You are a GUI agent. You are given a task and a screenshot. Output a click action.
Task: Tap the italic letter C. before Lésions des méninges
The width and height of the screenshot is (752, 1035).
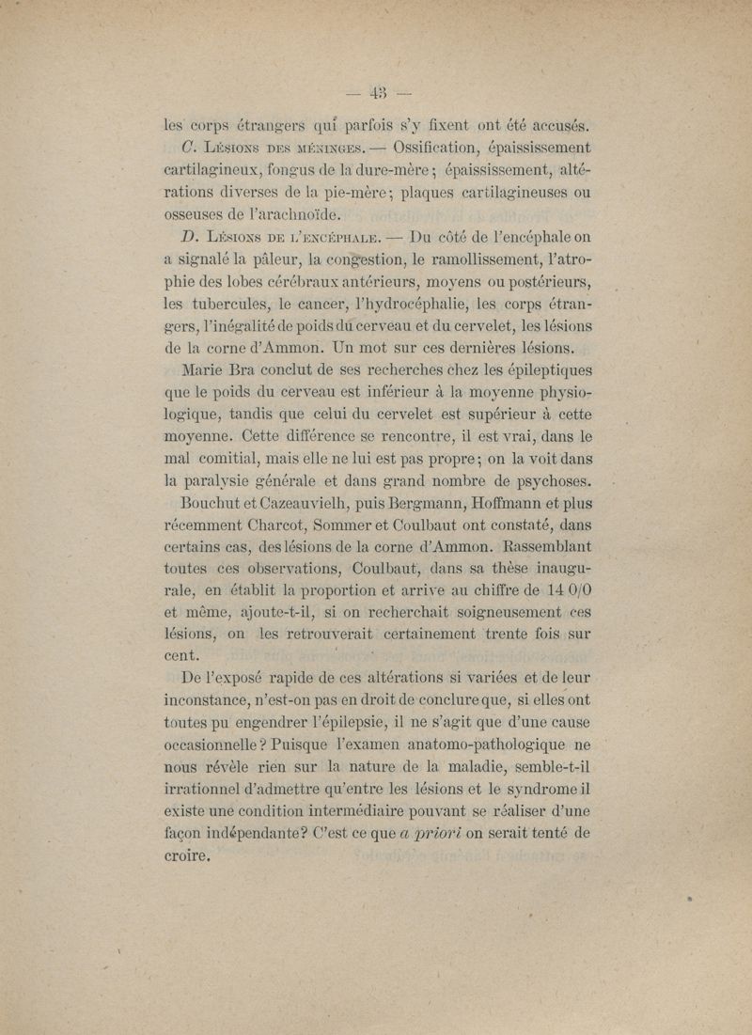[x=187, y=148]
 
